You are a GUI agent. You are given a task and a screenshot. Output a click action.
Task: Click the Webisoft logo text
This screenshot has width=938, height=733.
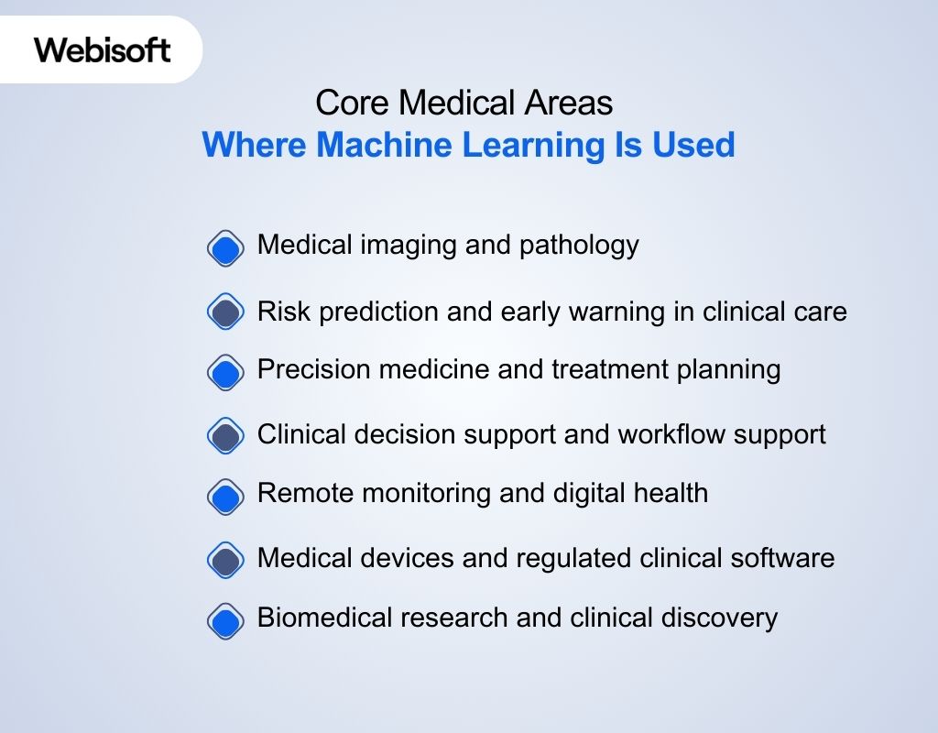[103, 49]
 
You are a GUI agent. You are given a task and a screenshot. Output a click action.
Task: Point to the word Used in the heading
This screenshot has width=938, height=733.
[693, 145]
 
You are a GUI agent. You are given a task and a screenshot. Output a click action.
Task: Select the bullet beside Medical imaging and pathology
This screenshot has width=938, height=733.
[225, 248]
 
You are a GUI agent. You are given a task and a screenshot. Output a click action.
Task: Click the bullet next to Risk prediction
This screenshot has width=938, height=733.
[225, 312]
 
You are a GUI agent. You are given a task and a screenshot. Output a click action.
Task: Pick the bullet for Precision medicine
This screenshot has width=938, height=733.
[225, 373]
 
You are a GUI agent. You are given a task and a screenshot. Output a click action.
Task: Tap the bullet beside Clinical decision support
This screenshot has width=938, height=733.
[225, 436]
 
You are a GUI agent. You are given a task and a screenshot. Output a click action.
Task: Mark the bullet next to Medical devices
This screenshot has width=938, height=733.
[225, 560]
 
